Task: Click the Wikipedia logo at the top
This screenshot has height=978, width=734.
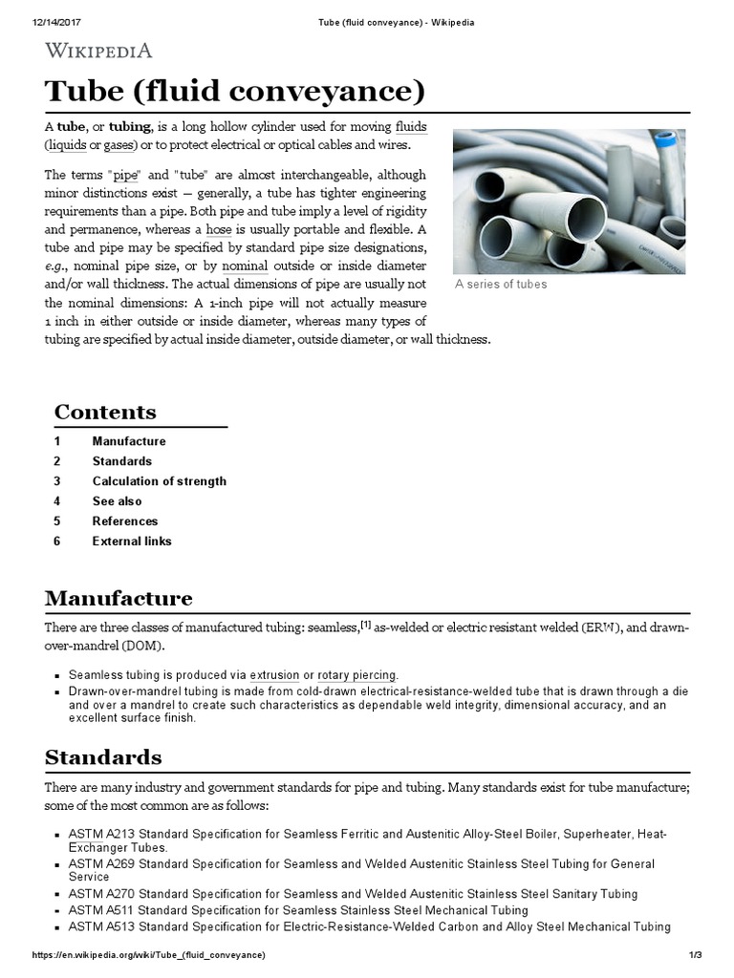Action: point(98,51)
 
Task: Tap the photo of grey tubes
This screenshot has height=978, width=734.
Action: point(569,202)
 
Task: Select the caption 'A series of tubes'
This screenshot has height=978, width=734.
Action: point(501,284)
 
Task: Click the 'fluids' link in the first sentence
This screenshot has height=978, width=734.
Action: point(410,127)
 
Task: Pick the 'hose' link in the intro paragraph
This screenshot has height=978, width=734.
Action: point(219,230)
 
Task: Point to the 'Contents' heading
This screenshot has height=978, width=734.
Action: point(105,413)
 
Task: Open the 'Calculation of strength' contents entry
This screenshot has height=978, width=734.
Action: point(159,481)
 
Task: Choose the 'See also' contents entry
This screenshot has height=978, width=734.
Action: point(117,501)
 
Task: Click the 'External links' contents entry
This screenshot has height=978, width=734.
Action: point(132,542)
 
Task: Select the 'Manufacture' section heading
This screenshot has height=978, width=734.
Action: point(119,599)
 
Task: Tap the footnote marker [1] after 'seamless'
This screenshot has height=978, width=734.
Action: point(365,624)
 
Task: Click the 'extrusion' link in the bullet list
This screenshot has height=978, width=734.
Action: point(275,675)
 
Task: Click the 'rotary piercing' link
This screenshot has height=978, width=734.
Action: point(357,675)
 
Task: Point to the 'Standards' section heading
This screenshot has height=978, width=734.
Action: point(103,757)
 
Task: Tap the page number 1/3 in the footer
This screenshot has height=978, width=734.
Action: point(695,956)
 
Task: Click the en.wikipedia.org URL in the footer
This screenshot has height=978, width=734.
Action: point(148,956)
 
